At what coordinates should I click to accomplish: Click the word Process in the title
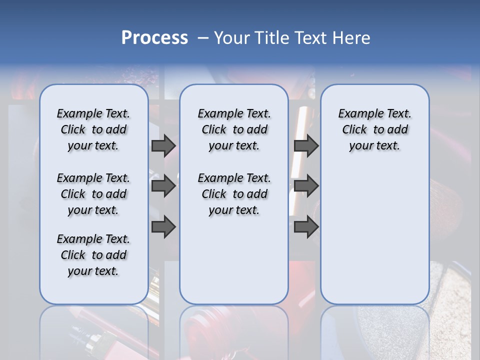point(154,37)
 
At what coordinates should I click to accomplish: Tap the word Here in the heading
point(351,38)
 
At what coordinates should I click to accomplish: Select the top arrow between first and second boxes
point(163,145)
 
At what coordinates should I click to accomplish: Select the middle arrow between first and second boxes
point(163,186)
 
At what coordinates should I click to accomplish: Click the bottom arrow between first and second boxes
point(163,227)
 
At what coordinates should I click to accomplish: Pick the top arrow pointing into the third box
point(306,145)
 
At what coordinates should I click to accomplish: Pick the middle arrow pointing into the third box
point(306,186)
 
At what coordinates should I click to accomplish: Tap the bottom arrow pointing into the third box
point(306,227)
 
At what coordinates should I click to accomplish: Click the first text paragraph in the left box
point(93,129)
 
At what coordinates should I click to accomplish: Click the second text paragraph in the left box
point(93,194)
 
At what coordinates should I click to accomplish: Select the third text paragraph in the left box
point(93,255)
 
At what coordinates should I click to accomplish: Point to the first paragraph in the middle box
point(234,129)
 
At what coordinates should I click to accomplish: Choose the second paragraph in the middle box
point(234,194)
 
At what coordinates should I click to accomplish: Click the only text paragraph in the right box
point(374,129)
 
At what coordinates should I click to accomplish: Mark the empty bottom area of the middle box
point(234,265)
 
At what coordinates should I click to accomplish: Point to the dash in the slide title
point(203,38)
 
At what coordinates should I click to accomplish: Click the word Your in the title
point(232,38)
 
